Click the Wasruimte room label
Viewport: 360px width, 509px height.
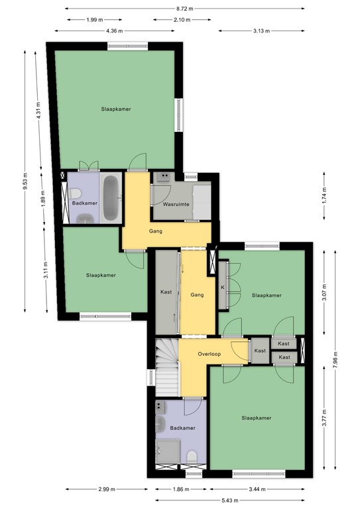177,205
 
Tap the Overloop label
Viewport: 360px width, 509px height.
209,354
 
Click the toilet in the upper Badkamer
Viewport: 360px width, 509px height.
76,195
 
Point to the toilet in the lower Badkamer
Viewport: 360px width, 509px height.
191,457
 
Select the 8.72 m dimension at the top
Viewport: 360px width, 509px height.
186,9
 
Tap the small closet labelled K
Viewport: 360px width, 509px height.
223,287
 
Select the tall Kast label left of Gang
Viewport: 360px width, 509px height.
166,292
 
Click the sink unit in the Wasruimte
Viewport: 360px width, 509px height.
163,177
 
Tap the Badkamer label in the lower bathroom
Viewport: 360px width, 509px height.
182,429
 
